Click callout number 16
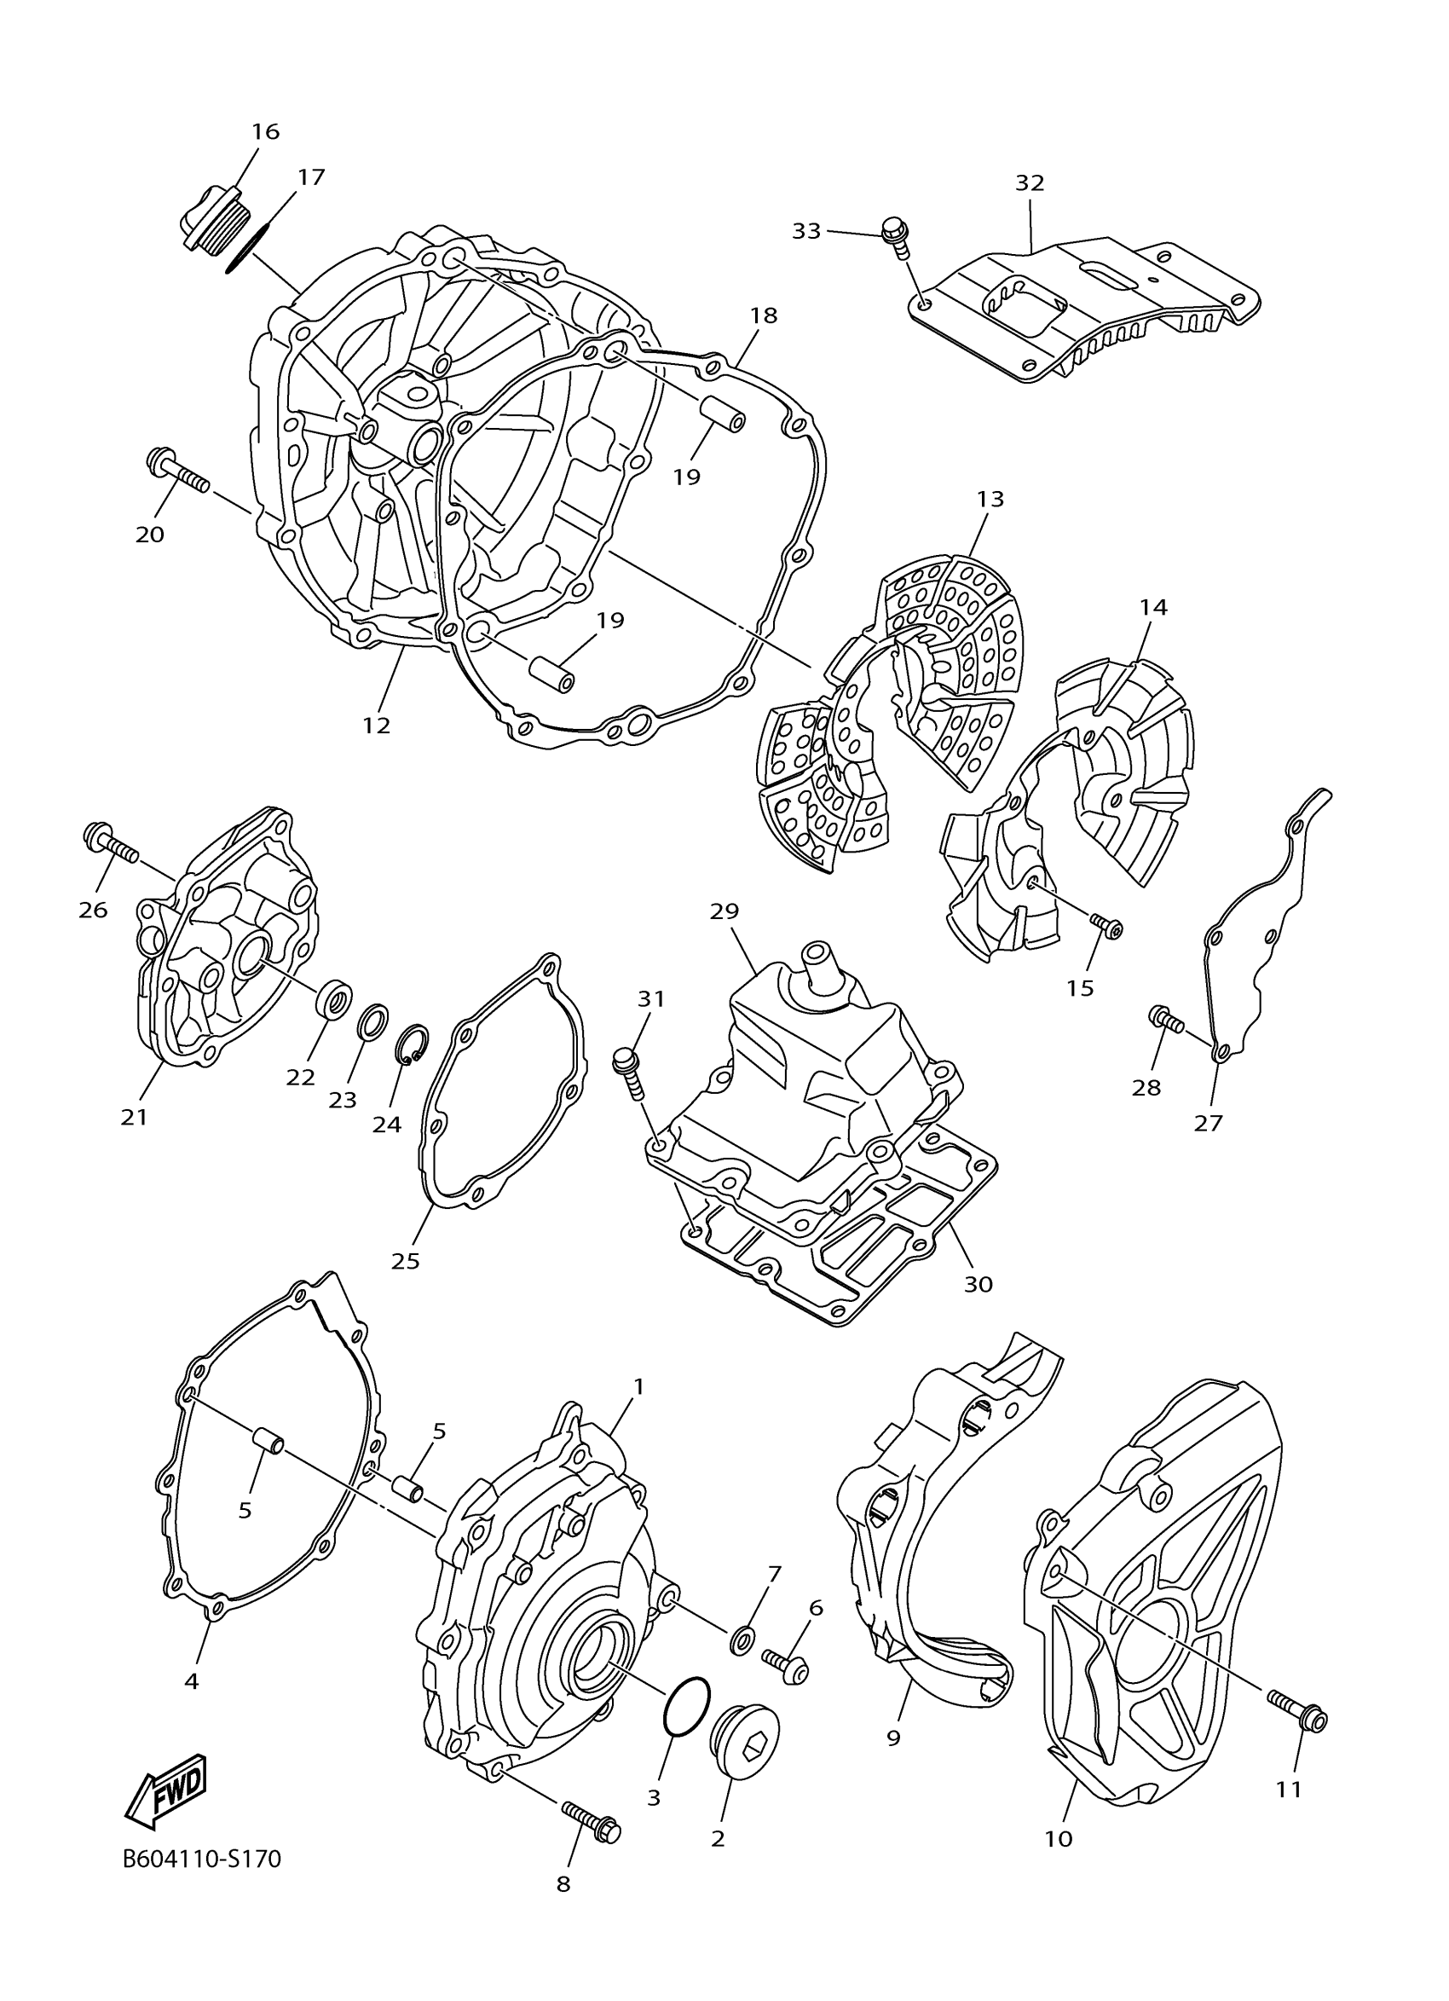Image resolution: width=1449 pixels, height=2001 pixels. click(x=265, y=132)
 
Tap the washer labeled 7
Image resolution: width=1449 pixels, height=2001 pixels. click(x=742, y=1640)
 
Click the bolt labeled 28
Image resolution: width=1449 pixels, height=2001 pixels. click(x=1167, y=1021)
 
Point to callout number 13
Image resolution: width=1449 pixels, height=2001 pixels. click(x=990, y=500)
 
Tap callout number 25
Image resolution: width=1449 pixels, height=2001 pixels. click(x=406, y=1261)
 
